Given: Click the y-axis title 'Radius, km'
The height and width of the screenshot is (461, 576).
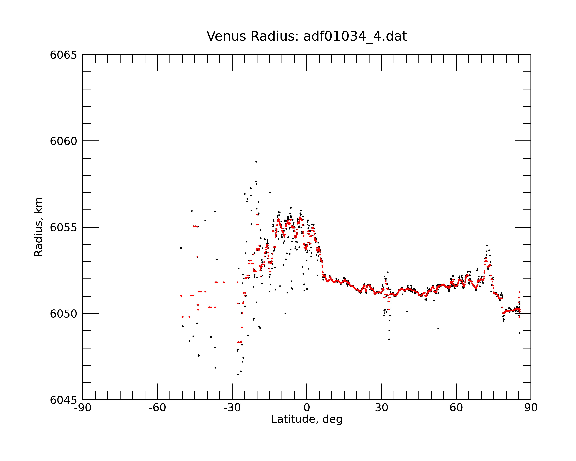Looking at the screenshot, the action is point(38,227).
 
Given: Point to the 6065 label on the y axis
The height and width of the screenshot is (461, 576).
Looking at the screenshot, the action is point(63,55).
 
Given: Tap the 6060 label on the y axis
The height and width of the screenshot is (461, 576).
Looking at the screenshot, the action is point(63,141).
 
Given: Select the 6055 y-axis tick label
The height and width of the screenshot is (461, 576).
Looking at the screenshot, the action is point(63,227).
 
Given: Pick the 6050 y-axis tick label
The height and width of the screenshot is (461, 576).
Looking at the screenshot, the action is point(63,314).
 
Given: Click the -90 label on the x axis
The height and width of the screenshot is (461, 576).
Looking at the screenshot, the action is point(83,408).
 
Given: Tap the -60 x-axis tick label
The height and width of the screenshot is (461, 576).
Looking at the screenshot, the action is point(157,408).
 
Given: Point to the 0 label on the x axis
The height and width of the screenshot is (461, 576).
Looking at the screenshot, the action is point(307,408).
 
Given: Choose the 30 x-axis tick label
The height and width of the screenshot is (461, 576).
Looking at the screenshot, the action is point(381,408).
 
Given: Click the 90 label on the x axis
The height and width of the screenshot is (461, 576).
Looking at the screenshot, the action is point(531,408).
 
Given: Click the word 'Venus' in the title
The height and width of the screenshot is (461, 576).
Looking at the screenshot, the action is point(226,36).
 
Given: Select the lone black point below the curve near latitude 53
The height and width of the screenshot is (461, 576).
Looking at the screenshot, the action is point(438,328).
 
